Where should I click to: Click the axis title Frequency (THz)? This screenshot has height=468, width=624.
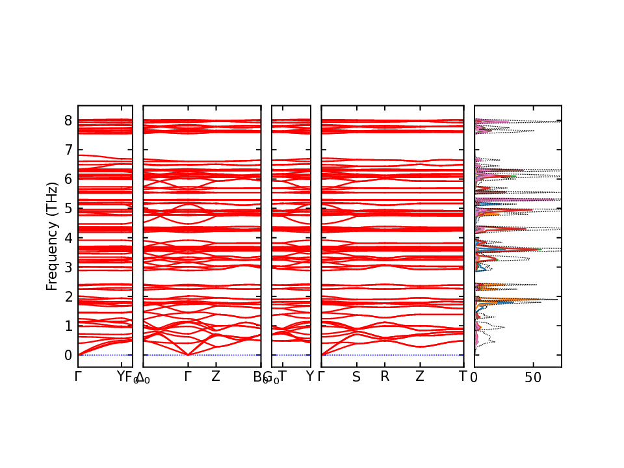pyautogui.click(x=52, y=237)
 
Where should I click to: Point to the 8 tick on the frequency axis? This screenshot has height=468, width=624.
pyautogui.click(x=67, y=120)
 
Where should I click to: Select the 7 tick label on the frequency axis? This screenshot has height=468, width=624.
pyautogui.click(x=67, y=150)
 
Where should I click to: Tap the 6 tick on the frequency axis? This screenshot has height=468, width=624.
pyautogui.click(x=67, y=179)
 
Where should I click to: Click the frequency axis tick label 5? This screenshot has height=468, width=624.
pyautogui.click(x=67, y=209)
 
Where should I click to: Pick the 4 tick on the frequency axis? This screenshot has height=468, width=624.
pyautogui.click(x=67, y=238)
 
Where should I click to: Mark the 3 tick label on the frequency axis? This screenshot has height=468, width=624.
pyautogui.click(x=67, y=267)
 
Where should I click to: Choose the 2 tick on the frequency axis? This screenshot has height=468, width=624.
pyautogui.click(x=67, y=296)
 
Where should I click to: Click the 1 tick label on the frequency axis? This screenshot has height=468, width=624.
pyautogui.click(x=67, y=326)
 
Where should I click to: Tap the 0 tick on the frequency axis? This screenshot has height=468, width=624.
pyautogui.click(x=67, y=356)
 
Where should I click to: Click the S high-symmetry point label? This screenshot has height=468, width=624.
pyautogui.click(x=356, y=376)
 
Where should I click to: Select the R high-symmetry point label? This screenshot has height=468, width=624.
pyautogui.click(x=385, y=376)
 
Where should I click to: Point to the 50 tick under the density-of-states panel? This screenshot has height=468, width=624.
pyautogui.click(x=534, y=376)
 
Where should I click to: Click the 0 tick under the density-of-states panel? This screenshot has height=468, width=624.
pyautogui.click(x=474, y=376)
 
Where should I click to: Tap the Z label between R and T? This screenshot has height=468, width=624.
pyautogui.click(x=420, y=376)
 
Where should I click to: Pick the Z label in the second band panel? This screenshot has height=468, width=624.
pyautogui.click(x=216, y=376)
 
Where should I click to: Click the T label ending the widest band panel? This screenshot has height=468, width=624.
pyautogui.click(x=463, y=376)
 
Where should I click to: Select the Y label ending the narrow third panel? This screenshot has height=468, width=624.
pyautogui.click(x=310, y=376)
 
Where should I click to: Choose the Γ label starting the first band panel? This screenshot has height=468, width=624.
pyautogui.click(x=78, y=376)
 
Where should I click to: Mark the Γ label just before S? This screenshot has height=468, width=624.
pyautogui.click(x=322, y=376)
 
